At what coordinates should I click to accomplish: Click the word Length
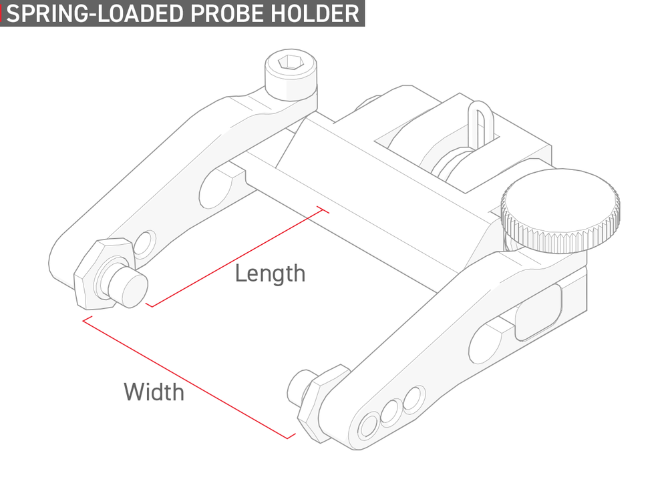pyautogui.click(x=270, y=273)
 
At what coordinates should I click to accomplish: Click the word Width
pyautogui.click(x=154, y=392)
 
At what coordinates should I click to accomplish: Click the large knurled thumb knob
pyautogui.click(x=560, y=211)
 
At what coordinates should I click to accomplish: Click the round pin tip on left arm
pyautogui.click(x=128, y=286)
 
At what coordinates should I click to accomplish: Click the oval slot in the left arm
pyautogui.click(x=216, y=188)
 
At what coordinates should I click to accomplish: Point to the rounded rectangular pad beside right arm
pyautogui.click(x=538, y=312)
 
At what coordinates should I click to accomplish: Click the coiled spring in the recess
pyautogui.click(x=452, y=163)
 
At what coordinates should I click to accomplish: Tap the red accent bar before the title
pyautogui.click(x=1, y=13)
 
